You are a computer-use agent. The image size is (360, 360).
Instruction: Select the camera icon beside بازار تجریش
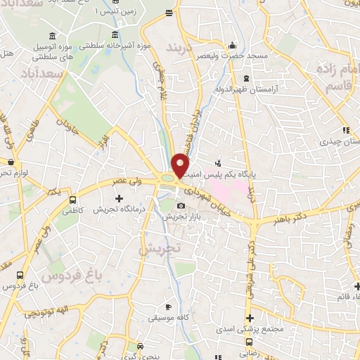pyautogui.click(x=181, y=206)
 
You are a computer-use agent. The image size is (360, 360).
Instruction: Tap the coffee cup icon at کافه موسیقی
pyautogui.click(x=167, y=308)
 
